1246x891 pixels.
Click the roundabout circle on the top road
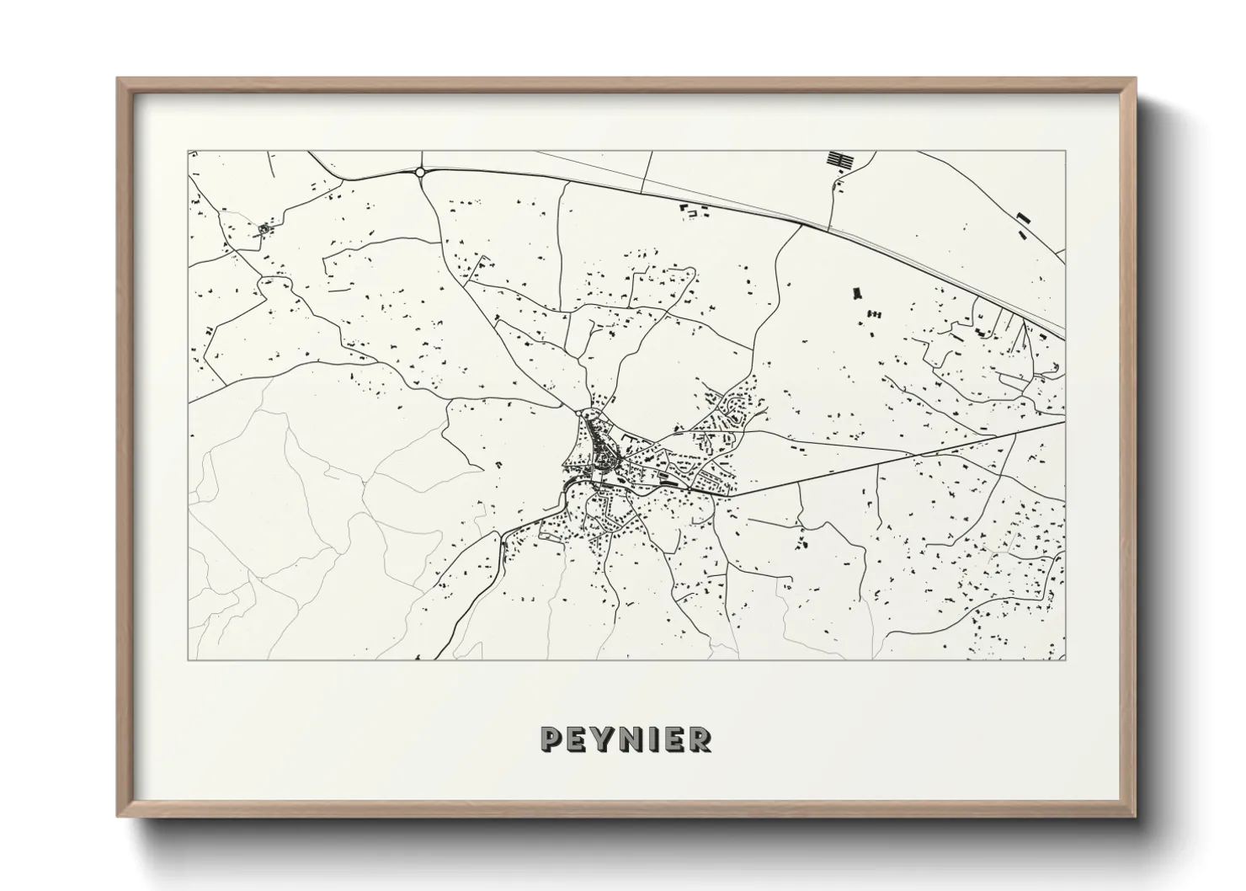[419, 172]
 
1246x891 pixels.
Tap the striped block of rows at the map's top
[839, 159]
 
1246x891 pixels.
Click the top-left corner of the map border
[188, 152]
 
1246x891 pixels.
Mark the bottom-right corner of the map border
[1066, 660]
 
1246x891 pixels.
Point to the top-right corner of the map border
[1066, 152]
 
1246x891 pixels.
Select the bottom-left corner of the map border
[188, 660]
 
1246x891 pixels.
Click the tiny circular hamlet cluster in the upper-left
[265, 228]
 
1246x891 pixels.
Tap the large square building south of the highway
[858, 293]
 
